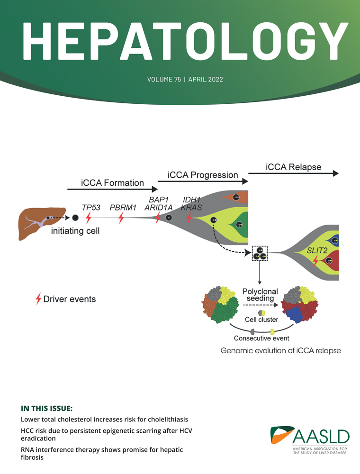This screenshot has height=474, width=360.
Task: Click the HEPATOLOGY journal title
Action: click(185, 41)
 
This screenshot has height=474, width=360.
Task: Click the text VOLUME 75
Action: click(164, 80)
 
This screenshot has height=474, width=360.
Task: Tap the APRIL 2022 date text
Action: click(206, 80)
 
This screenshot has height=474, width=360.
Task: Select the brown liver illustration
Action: click(42, 223)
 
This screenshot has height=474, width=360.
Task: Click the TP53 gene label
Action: click(91, 208)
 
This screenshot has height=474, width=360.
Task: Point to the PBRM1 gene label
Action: click(123, 208)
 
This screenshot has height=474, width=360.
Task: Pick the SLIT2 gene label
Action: click(317, 250)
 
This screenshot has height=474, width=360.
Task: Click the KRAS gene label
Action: click(191, 208)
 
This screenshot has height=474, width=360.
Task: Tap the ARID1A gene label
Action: click(158, 208)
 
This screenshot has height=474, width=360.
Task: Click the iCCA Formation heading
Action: click(112, 182)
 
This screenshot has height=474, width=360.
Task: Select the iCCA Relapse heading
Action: click(293, 167)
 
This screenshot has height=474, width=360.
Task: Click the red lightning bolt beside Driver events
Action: click(38, 299)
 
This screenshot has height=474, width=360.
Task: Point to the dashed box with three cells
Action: click(260, 253)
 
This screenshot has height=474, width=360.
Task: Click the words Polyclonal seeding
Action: click(260, 295)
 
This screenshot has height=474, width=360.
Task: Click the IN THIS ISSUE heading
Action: click(46, 409)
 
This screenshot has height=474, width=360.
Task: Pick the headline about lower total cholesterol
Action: click(105, 419)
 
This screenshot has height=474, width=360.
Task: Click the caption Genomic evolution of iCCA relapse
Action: click(280, 351)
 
